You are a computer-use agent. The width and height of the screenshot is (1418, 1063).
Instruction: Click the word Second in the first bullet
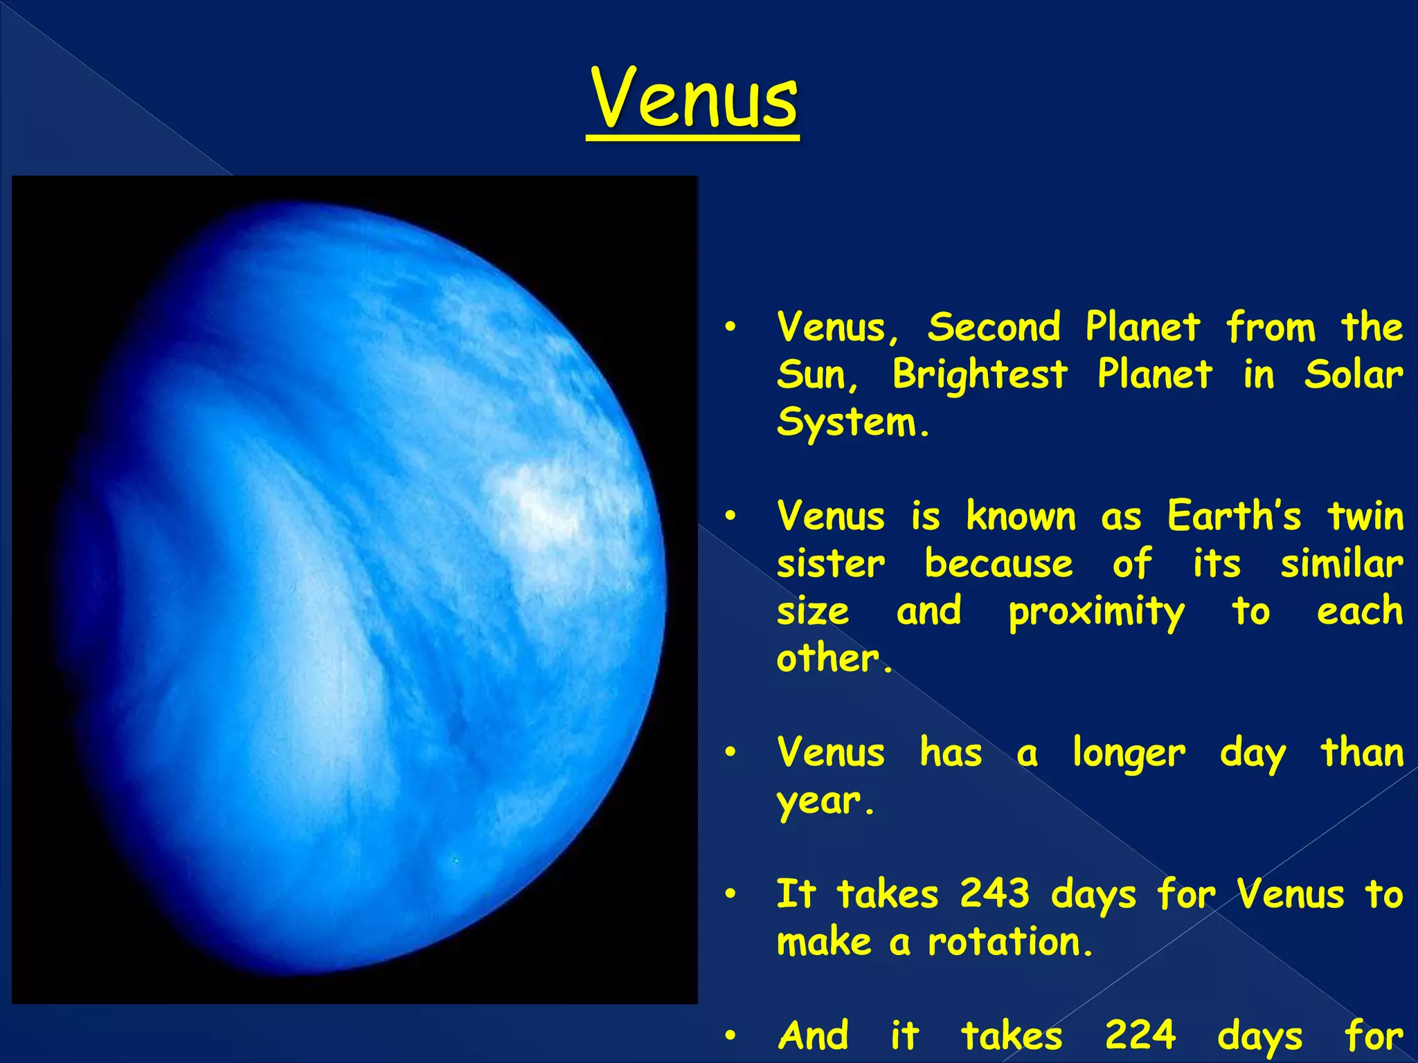click(x=994, y=327)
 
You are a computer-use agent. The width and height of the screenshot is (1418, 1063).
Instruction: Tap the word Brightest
click(x=980, y=374)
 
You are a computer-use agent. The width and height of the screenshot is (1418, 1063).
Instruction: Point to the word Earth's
click(x=1233, y=516)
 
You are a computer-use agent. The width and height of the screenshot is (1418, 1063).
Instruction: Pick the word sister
click(x=830, y=563)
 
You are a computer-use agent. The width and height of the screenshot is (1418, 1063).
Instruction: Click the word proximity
click(x=1096, y=612)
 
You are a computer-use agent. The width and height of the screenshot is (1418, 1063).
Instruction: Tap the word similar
click(x=1341, y=563)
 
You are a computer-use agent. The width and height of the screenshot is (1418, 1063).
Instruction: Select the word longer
click(x=1129, y=753)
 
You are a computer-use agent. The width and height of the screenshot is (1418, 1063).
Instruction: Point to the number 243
click(x=994, y=893)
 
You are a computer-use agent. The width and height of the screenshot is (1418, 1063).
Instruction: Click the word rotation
click(x=1004, y=942)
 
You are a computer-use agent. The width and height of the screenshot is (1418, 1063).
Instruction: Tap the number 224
click(x=1140, y=1035)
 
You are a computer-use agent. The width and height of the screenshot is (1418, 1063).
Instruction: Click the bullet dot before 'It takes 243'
click(x=730, y=895)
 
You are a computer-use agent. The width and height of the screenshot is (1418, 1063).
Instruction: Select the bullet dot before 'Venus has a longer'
click(x=730, y=753)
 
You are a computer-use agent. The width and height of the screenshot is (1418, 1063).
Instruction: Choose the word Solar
click(x=1353, y=374)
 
